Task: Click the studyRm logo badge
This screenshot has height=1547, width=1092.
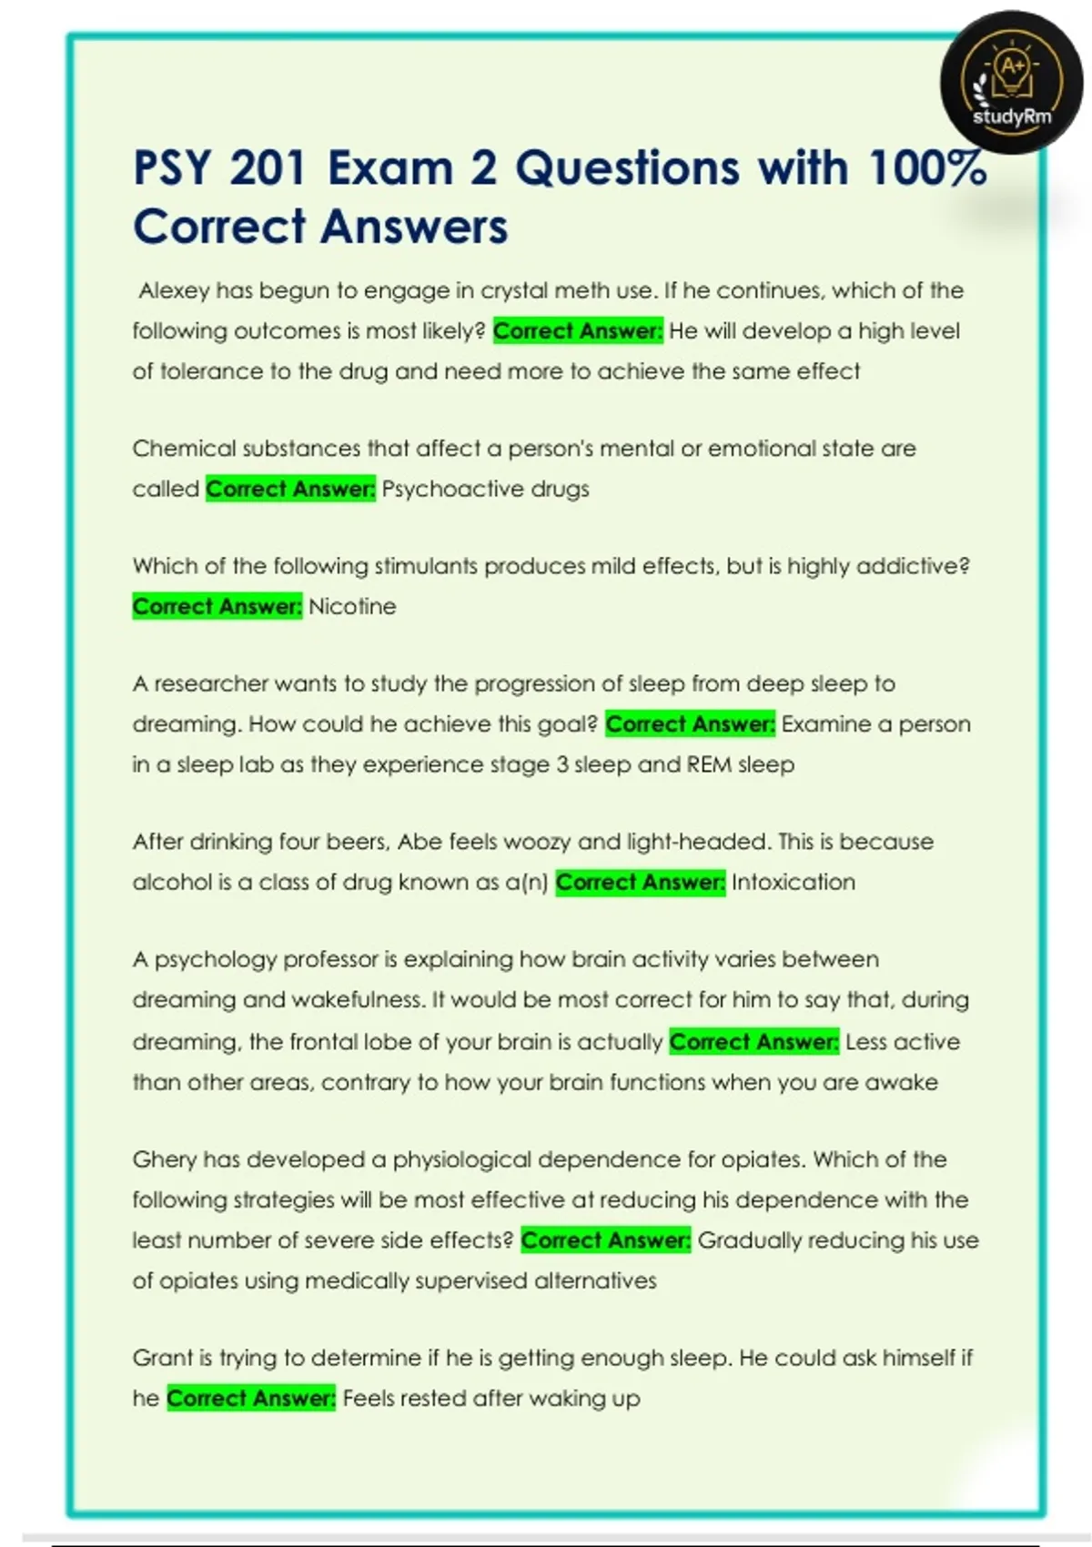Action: coord(1011,83)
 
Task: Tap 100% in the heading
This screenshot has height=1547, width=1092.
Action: coord(926,168)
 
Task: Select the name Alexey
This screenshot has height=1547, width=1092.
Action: coord(174,291)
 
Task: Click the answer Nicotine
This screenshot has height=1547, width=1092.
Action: coord(352,607)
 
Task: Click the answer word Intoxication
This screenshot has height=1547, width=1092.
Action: coord(793,883)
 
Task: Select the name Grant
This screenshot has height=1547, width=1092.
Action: coord(160,1359)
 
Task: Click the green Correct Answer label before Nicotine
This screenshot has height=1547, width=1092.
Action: coord(217,607)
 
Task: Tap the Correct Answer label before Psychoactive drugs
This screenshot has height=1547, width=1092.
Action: coord(290,490)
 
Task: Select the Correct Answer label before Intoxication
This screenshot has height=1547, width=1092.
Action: coord(640,883)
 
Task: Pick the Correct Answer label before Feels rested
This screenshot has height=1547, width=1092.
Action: coord(251,1399)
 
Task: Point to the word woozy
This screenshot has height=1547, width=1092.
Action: coord(537,842)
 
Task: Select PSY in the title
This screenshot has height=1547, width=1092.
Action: coord(172,168)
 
